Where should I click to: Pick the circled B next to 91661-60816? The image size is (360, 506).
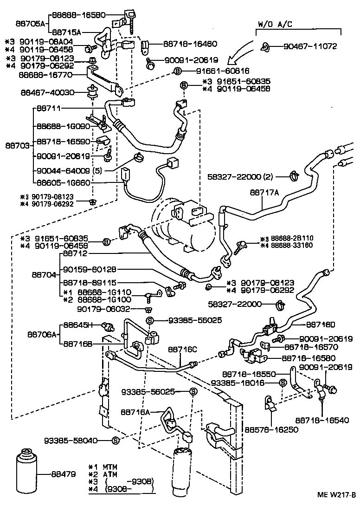(x=177, y=71)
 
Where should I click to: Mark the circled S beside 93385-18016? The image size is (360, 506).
(x=282, y=383)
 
